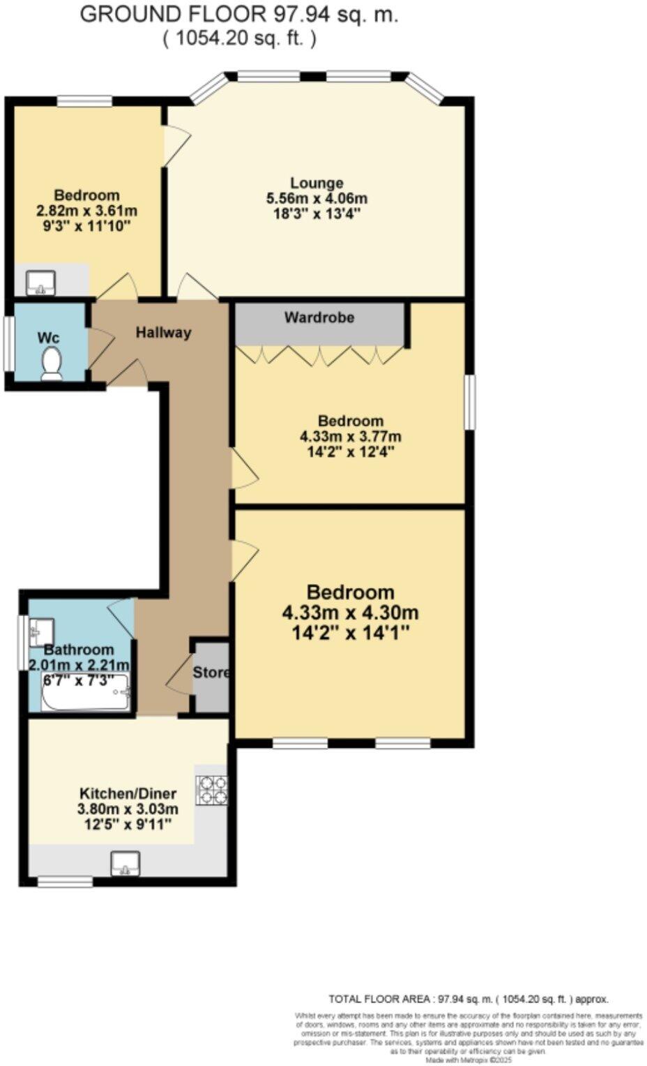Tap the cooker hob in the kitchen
[x=212, y=790]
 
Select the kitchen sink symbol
[x=125, y=864]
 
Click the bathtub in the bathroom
[x=86, y=693]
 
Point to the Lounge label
[x=317, y=183]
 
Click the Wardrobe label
[x=319, y=317]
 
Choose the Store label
[x=211, y=673]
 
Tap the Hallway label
[x=163, y=332]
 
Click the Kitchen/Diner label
[x=128, y=793]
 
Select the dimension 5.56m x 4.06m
[x=317, y=198]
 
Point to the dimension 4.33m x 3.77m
[x=350, y=437]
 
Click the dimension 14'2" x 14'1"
[x=350, y=633]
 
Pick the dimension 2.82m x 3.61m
[x=87, y=211]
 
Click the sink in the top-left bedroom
[x=40, y=283]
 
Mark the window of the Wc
[x=8, y=345]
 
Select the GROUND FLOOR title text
[x=238, y=14]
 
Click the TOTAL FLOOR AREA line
[x=468, y=999]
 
